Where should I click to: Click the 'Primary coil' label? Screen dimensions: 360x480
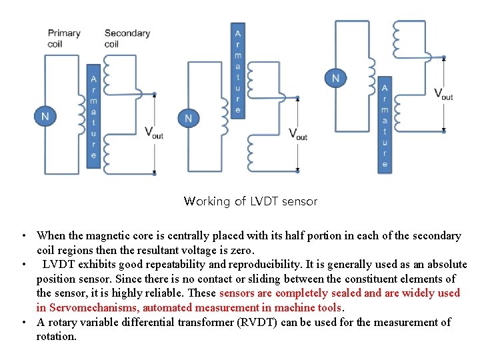point(64,38)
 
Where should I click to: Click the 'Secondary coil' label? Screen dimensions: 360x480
point(127,38)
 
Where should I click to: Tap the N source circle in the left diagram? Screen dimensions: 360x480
point(45,117)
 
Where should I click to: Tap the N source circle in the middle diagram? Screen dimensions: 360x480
point(188,118)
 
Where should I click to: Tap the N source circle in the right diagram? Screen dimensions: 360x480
point(335,79)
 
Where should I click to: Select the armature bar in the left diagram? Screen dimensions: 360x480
point(93,117)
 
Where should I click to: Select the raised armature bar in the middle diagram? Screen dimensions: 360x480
point(238,71)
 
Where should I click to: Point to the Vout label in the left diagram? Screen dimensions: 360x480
point(153,132)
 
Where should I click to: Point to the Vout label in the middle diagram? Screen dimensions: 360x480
point(297,133)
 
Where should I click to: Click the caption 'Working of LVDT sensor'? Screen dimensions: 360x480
point(250,201)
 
